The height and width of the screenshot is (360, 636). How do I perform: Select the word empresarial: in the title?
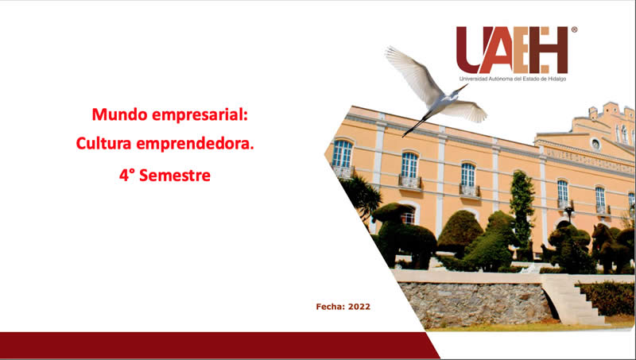[200, 115]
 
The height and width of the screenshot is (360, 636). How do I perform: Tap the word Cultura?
[103, 143]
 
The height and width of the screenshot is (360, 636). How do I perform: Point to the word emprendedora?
[195, 144]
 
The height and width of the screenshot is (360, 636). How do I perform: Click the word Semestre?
[175, 176]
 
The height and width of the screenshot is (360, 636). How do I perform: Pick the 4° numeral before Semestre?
[126, 176]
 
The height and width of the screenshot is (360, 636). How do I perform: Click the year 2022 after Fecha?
[359, 307]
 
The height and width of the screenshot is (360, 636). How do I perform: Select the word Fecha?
[330, 307]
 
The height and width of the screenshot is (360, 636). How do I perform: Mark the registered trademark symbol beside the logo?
[574, 29]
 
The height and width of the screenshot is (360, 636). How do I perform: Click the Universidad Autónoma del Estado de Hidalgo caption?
[512, 79]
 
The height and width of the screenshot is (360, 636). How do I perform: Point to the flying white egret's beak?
[462, 87]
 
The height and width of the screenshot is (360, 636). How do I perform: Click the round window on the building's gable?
[595, 144]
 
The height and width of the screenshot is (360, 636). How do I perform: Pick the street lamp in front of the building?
[569, 214]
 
